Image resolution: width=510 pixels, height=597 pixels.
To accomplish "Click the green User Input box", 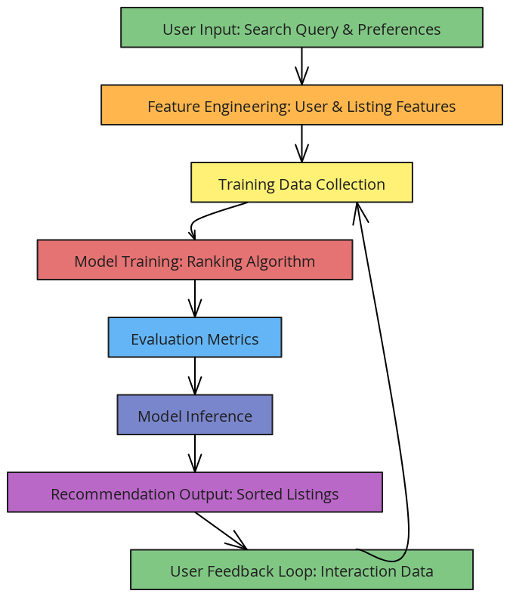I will tap(301, 28).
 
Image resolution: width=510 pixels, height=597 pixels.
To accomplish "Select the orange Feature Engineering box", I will tap(301, 105).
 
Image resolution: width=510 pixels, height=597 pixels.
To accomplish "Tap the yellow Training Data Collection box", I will tap(301, 183).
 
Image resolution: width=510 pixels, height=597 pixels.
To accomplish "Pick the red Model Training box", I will tap(194, 260).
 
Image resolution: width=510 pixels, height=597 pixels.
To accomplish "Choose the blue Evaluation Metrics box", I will tap(194, 338).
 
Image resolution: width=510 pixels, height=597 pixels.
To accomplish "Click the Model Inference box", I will tap(194, 415).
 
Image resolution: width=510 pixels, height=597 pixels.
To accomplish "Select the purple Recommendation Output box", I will tap(194, 493).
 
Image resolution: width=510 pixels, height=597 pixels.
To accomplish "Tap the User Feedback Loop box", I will tap(301, 570).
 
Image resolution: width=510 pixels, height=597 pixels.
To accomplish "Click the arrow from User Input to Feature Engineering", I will tap(301, 66).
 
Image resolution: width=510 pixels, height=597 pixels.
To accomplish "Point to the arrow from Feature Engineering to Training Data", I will tap(301, 144).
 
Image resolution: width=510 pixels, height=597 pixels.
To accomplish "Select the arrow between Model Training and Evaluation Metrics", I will tap(195, 298).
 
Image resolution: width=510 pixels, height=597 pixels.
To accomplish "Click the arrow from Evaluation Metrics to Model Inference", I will tap(195, 376).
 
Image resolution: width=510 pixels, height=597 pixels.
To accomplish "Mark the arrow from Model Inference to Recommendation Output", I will tap(195, 453).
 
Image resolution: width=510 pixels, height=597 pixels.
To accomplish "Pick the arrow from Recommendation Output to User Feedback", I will tap(220, 530).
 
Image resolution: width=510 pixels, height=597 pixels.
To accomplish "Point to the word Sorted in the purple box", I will tap(256, 494).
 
